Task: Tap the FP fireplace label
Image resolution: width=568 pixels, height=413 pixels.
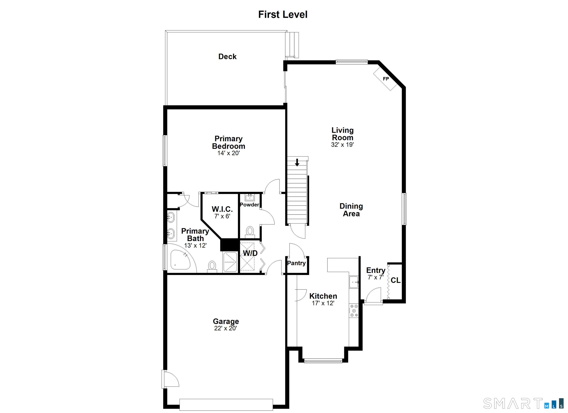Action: click(386, 79)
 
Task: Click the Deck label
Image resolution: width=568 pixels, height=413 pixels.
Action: click(227, 57)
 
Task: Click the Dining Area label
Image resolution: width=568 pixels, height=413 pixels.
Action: click(351, 210)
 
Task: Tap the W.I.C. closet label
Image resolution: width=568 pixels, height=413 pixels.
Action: click(222, 209)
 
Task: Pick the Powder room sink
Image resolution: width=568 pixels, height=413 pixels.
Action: click(250, 198)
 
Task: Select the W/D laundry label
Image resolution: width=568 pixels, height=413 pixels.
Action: click(250, 253)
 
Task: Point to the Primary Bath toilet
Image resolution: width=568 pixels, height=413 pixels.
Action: click(212, 266)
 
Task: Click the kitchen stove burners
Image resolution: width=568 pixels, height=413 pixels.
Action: click(354, 311)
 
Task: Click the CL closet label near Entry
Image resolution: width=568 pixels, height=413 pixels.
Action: click(395, 280)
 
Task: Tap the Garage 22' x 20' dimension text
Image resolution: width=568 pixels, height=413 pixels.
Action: click(225, 328)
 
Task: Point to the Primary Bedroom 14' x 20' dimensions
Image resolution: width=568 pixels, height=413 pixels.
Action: click(228, 153)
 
